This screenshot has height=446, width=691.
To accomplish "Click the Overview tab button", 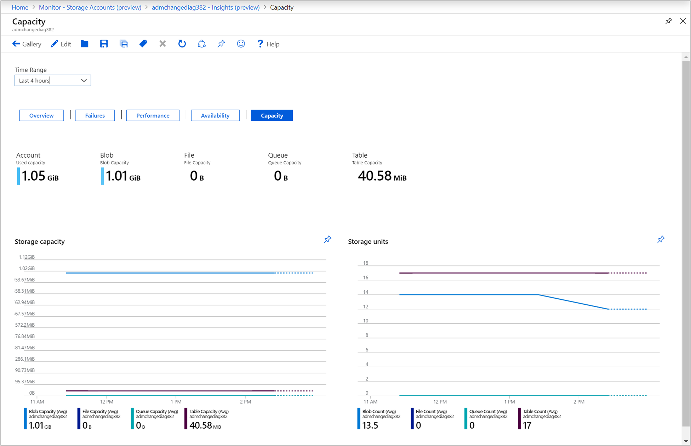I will click(x=41, y=115).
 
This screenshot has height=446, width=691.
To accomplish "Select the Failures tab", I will click(x=95, y=115).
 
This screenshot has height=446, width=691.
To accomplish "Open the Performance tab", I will click(x=153, y=115).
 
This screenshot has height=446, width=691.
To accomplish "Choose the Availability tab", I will click(x=215, y=115).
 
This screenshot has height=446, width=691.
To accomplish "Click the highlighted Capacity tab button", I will click(x=272, y=115).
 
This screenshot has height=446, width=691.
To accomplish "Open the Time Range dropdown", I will click(x=53, y=80).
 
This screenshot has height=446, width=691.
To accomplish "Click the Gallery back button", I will click(x=27, y=44).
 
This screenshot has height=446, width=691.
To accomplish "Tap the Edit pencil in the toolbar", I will click(x=61, y=44).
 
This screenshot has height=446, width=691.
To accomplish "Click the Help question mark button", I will click(x=268, y=44).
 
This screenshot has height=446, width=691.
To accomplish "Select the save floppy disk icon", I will click(x=104, y=44).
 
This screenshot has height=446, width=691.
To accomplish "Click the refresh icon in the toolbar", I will click(x=182, y=44).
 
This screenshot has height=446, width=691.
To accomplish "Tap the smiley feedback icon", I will click(x=241, y=44).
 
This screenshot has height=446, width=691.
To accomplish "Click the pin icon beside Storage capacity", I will click(x=327, y=240).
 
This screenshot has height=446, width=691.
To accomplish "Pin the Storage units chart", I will click(x=661, y=240).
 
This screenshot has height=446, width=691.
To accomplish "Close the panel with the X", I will click(x=683, y=21).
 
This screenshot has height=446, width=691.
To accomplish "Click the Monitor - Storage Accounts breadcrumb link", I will click(x=90, y=7).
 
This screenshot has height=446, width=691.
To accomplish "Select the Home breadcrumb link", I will click(x=20, y=7).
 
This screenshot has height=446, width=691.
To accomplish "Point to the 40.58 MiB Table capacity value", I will click(x=382, y=176).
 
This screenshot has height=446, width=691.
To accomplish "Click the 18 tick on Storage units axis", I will click(x=366, y=263).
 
